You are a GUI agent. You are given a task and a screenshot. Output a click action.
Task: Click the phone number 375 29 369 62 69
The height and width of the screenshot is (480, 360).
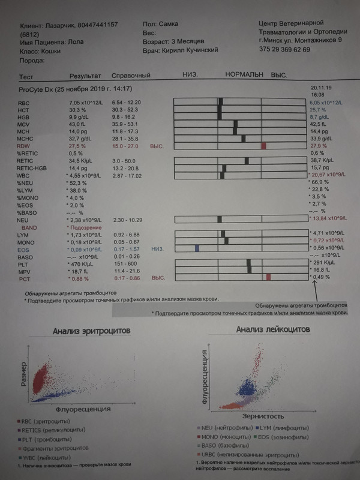pos(284,50)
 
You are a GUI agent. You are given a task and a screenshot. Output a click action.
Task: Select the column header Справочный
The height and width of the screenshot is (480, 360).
pos(130,77)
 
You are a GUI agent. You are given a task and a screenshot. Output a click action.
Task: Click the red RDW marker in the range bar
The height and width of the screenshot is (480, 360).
pos(263,146)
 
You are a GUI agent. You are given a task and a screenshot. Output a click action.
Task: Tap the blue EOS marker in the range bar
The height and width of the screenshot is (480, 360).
pos(197,248)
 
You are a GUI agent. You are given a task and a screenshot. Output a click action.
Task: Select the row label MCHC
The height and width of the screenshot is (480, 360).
pos(26,137)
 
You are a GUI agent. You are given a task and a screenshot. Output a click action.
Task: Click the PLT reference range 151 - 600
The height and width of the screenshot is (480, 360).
pos(124,262)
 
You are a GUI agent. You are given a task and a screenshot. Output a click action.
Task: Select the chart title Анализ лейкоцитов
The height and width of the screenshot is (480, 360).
pos(272,329)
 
